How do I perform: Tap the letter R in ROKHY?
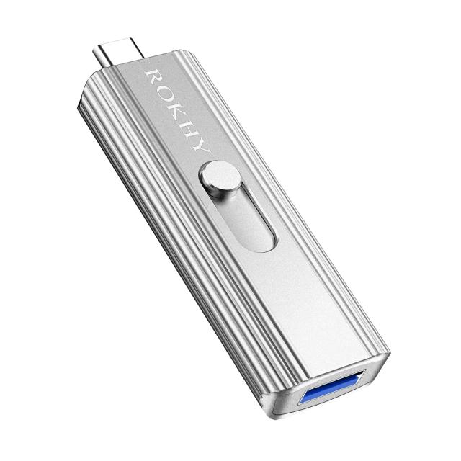click(x=153, y=76)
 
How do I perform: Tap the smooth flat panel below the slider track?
click(x=303, y=303)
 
